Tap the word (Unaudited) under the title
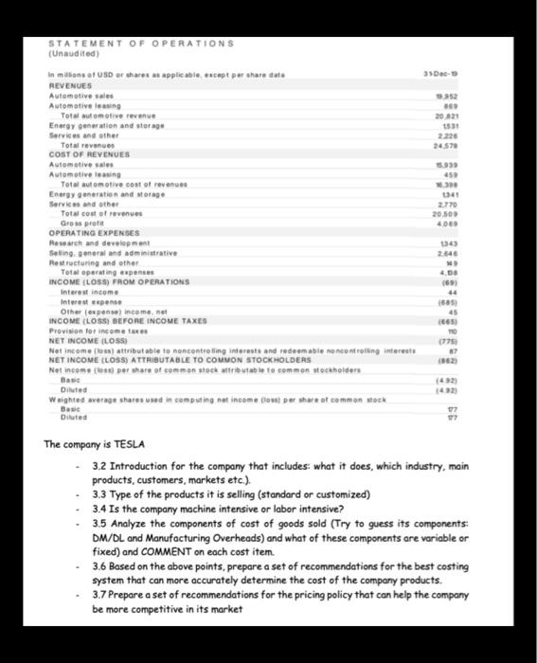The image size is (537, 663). click(71, 53)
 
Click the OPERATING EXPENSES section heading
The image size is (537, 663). click(93, 232)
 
